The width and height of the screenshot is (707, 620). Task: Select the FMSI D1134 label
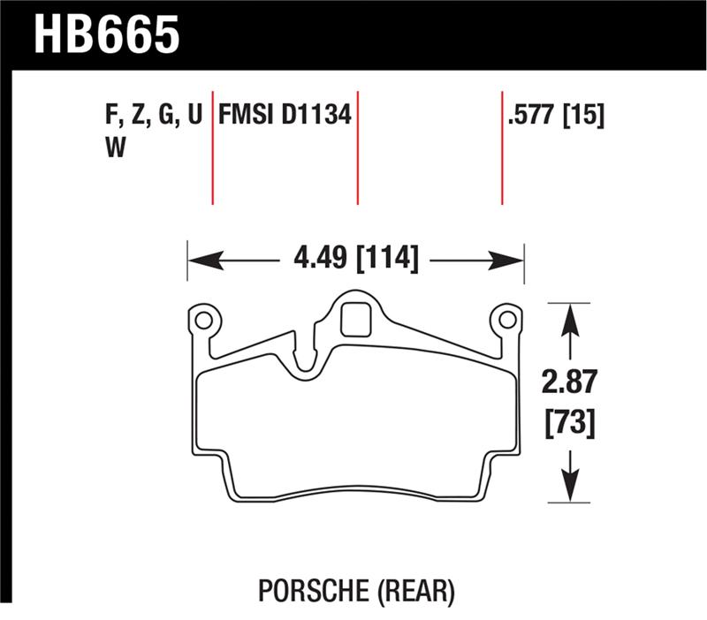(x=285, y=117)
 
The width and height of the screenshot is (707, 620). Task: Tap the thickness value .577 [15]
(x=556, y=117)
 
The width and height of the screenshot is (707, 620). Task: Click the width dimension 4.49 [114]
(x=354, y=260)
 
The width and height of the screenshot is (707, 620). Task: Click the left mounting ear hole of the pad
(x=202, y=318)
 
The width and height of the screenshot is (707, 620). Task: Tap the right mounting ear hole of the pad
(x=507, y=318)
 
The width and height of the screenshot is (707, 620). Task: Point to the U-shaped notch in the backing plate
(x=306, y=358)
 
